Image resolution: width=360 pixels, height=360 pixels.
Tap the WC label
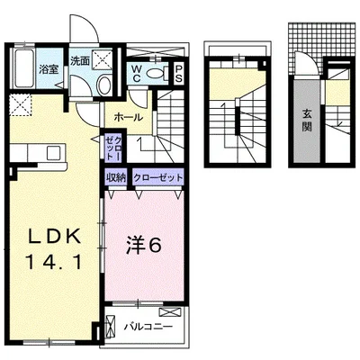pos(136,72)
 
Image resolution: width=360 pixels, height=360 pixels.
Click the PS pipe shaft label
pos(177,73)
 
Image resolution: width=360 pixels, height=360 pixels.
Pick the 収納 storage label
pos(115,176)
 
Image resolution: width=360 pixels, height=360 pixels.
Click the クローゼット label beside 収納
pos(157,176)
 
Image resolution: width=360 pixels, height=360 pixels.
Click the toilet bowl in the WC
pos(153,74)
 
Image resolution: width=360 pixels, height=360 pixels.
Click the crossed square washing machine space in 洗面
pos(103,59)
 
